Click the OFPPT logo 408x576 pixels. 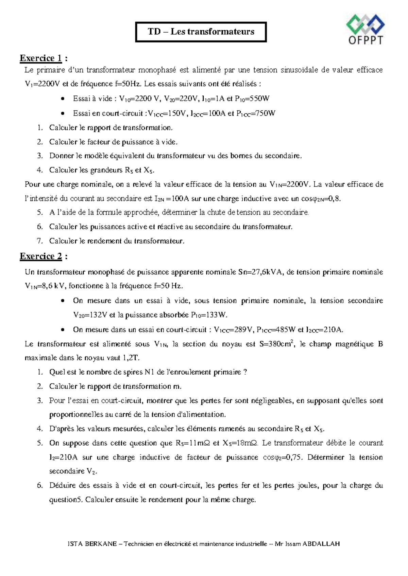(365, 29)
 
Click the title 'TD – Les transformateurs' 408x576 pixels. (201, 32)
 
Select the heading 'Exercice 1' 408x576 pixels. (41, 58)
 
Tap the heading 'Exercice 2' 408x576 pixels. (41, 256)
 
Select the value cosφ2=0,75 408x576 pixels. (282, 457)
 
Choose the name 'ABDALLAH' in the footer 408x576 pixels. (322, 544)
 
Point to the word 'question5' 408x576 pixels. (66, 500)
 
